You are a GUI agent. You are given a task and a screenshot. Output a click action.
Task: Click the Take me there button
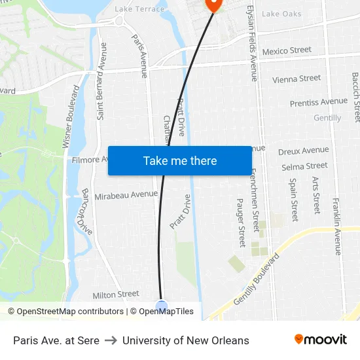[x=179, y=160]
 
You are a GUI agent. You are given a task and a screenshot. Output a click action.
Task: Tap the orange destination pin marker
[x=213, y=5]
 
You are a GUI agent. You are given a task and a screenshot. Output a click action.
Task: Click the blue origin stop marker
[x=162, y=305]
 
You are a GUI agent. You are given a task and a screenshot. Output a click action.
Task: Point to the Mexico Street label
[x=287, y=50]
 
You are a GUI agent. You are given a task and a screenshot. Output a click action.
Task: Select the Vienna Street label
[x=297, y=79]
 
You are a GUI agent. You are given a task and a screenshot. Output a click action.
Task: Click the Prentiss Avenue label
[x=319, y=102]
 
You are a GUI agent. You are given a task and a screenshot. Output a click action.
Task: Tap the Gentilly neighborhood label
[x=327, y=118]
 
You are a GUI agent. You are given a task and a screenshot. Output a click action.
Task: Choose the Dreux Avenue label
[x=303, y=151]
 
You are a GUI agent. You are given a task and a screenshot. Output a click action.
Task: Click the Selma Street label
[x=304, y=166]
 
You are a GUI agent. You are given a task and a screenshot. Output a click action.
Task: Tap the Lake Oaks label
[x=281, y=14]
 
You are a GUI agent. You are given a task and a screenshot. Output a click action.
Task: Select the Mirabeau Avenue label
[x=126, y=194]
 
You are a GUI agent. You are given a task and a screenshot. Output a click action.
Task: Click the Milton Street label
[x=116, y=295]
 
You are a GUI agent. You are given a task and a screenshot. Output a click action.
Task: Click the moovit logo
[x=320, y=339]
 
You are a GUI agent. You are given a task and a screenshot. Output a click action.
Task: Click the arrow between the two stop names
[x=111, y=340]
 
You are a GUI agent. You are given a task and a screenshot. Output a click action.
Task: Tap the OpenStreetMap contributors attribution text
[x=65, y=312]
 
